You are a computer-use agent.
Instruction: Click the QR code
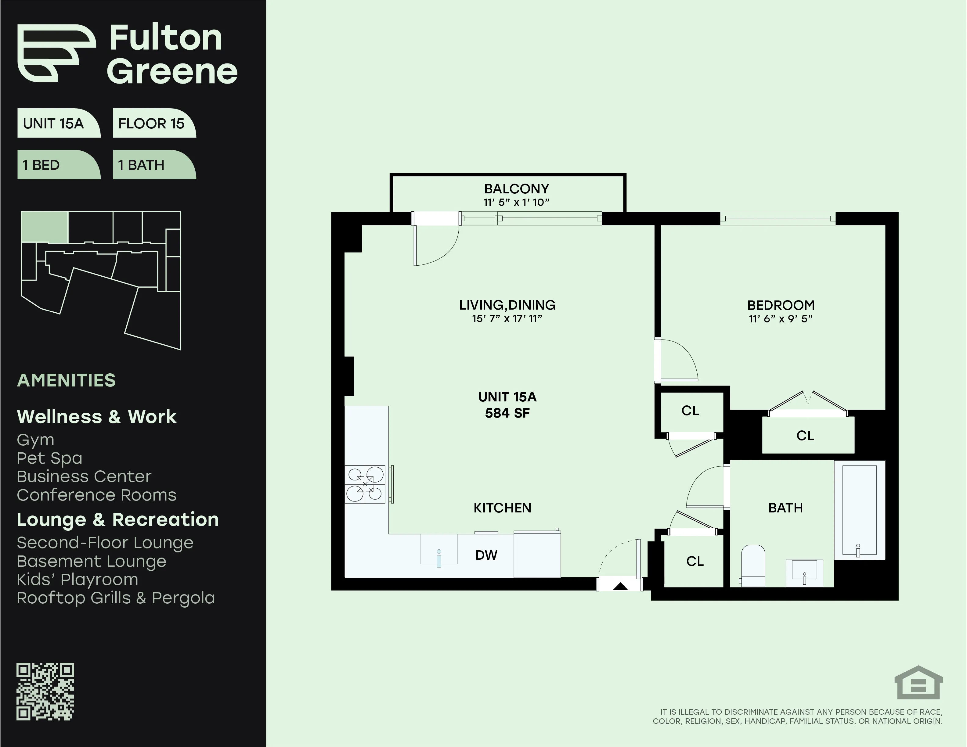pos(45,692)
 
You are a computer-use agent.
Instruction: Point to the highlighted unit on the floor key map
pos(45,227)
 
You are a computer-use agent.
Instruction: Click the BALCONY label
pos(516,189)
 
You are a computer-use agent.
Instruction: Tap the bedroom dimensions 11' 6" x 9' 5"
pos(781,319)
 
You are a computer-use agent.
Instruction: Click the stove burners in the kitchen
pos(365,485)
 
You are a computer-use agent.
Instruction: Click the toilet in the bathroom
pos(753,566)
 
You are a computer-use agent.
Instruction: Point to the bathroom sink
pos(804,573)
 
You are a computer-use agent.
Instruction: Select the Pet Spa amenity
pos(50,458)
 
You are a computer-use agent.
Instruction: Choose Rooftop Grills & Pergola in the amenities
pos(116,598)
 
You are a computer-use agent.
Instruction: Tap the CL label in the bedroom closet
pos(805,436)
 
